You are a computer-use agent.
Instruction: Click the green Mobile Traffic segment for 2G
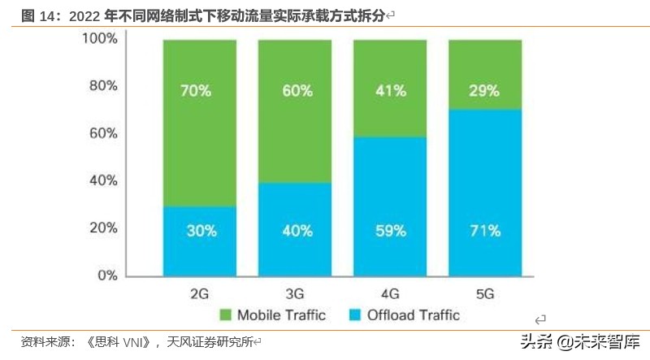pyautogui.click(x=199, y=122)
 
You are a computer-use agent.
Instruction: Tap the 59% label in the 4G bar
pyautogui.click(x=390, y=231)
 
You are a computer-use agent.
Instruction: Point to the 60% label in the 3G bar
pyautogui.click(x=295, y=91)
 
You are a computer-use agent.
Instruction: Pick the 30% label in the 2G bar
pyautogui.click(x=199, y=231)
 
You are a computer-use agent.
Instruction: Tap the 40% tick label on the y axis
pyautogui.click(x=104, y=181)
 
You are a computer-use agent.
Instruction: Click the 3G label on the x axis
pyautogui.click(x=295, y=291)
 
